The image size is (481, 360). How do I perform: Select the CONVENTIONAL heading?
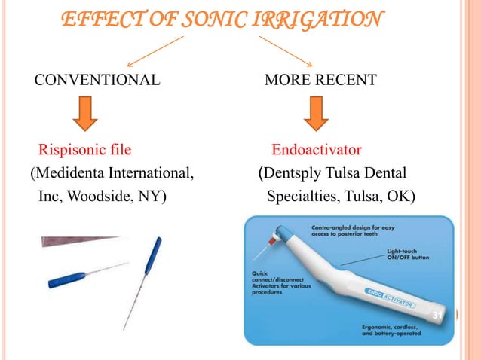pos(95,79)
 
